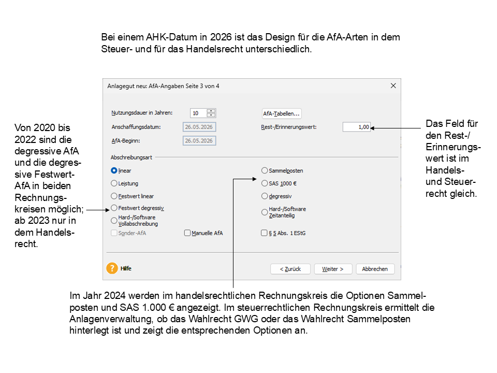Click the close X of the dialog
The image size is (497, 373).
click(x=393, y=86)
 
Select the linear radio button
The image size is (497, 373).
click(x=114, y=170)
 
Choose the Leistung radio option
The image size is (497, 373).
click(x=114, y=183)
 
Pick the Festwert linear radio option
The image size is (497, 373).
click(x=114, y=196)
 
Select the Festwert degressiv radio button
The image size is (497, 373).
click(x=114, y=208)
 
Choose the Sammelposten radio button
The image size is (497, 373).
click(x=265, y=170)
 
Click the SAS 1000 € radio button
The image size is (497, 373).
click(x=265, y=183)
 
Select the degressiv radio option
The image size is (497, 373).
click(x=265, y=196)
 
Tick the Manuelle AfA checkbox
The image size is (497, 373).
click(x=187, y=233)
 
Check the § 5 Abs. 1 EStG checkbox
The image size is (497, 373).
click(x=264, y=233)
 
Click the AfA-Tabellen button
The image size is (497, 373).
click(x=282, y=113)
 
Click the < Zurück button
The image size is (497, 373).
click(x=290, y=269)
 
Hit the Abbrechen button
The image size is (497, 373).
click(x=375, y=269)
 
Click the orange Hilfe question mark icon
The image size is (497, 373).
click(x=112, y=268)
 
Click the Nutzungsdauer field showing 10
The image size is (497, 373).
click(x=198, y=113)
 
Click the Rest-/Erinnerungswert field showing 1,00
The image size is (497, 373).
click(x=357, y=127)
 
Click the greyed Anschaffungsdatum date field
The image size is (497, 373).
click(x=199, y=127)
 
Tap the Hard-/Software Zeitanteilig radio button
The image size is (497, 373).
click(x=265, y=212)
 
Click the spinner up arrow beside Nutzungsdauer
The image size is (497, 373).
click(x=211, y=111)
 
